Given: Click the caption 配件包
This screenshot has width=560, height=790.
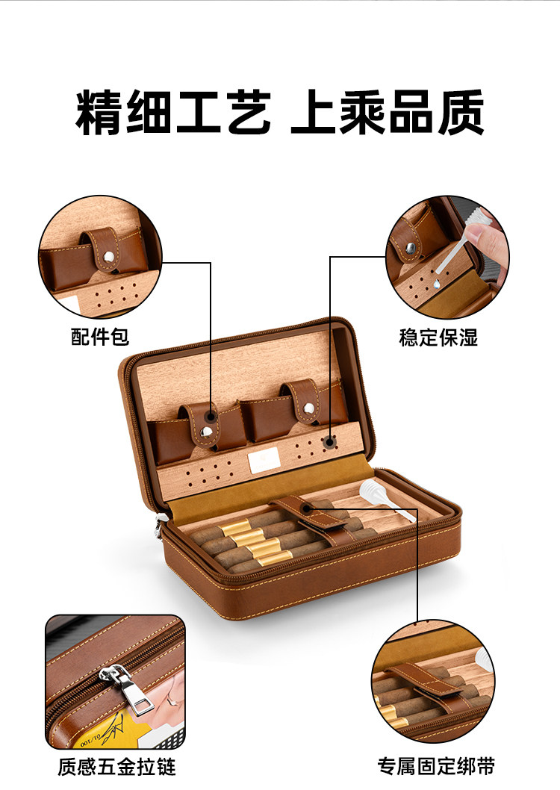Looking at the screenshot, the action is [x=100, y=337].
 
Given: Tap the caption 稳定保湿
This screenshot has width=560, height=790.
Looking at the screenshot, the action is [x=438, y=337].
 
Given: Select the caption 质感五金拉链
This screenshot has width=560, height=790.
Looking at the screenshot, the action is [x=116, y=767].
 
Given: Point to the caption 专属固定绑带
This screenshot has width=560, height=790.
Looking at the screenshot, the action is [x=436, y=767].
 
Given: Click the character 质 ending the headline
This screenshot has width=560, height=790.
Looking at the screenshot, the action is [x=461, y=112].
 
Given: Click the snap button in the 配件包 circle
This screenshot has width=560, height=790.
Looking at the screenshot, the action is [x=108, y=256].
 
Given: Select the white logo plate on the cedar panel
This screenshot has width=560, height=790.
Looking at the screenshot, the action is [x=264, y=461].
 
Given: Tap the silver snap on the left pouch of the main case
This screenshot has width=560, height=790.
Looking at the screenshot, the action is [x=205, y=432].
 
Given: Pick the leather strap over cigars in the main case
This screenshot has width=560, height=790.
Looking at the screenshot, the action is [x=311, y=519].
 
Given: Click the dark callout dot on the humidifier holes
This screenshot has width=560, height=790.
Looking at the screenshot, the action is [x=330, y=442].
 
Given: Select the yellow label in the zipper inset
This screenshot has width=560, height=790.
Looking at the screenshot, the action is [x=108, y=731].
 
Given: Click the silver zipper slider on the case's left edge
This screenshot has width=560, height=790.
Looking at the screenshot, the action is [x=158, y=527].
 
